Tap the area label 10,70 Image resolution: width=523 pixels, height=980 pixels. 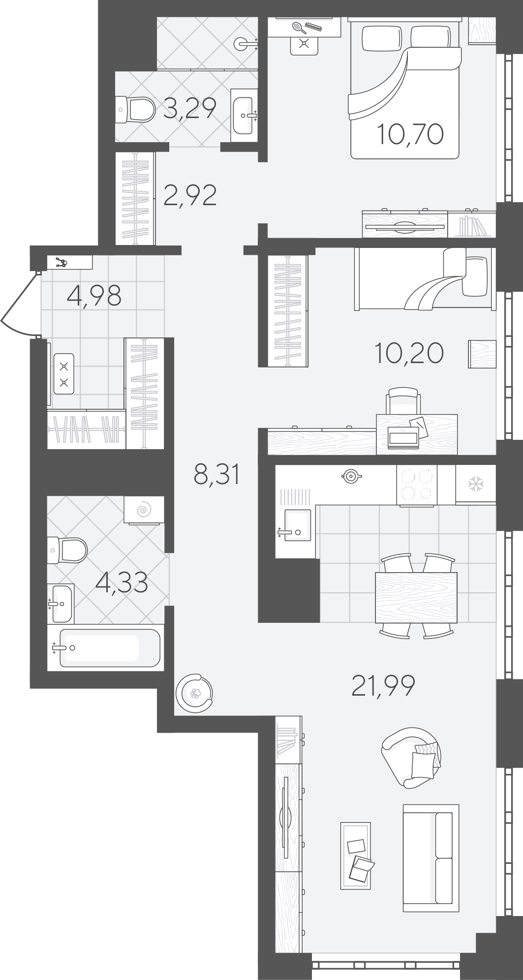click(410, 134)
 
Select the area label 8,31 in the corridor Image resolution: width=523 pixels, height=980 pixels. click(217, 475)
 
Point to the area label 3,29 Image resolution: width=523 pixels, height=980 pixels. click(189, 108)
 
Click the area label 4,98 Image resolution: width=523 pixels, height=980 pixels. click(94, 295)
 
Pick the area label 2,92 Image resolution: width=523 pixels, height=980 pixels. click(190, 195)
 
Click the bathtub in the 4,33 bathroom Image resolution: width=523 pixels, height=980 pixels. click(107, 648)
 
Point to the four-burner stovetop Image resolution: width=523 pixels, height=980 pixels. click(417, 485)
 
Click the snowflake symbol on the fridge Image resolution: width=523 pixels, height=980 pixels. click(475, 484)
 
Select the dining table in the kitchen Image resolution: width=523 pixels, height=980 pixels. click(416, 597)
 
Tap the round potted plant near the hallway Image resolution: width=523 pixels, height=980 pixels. click(195, 693)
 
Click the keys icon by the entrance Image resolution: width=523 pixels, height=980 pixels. click(62, 263)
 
